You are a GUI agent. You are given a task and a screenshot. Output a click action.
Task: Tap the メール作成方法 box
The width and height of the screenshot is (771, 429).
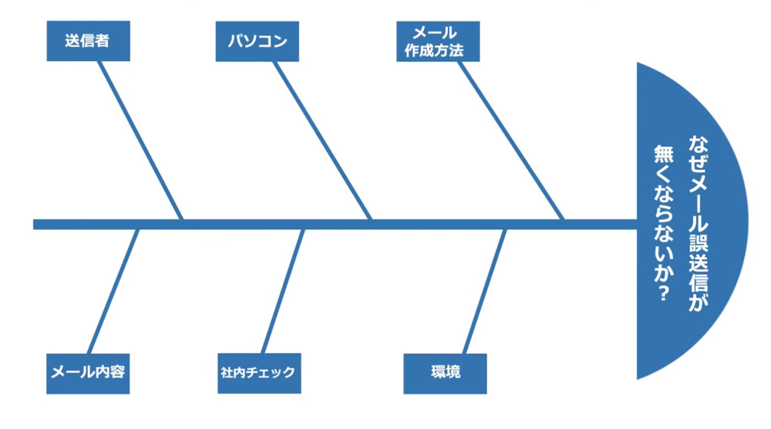(438, 42)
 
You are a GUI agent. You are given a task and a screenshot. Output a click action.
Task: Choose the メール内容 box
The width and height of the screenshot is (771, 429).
(87, 373)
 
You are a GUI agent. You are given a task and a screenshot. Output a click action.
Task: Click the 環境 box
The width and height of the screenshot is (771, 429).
(445, 373)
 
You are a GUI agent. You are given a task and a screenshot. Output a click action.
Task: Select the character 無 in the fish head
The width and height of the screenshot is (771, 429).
(662, 154)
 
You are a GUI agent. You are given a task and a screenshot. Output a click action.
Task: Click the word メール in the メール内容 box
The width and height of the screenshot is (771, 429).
(69, 373)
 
